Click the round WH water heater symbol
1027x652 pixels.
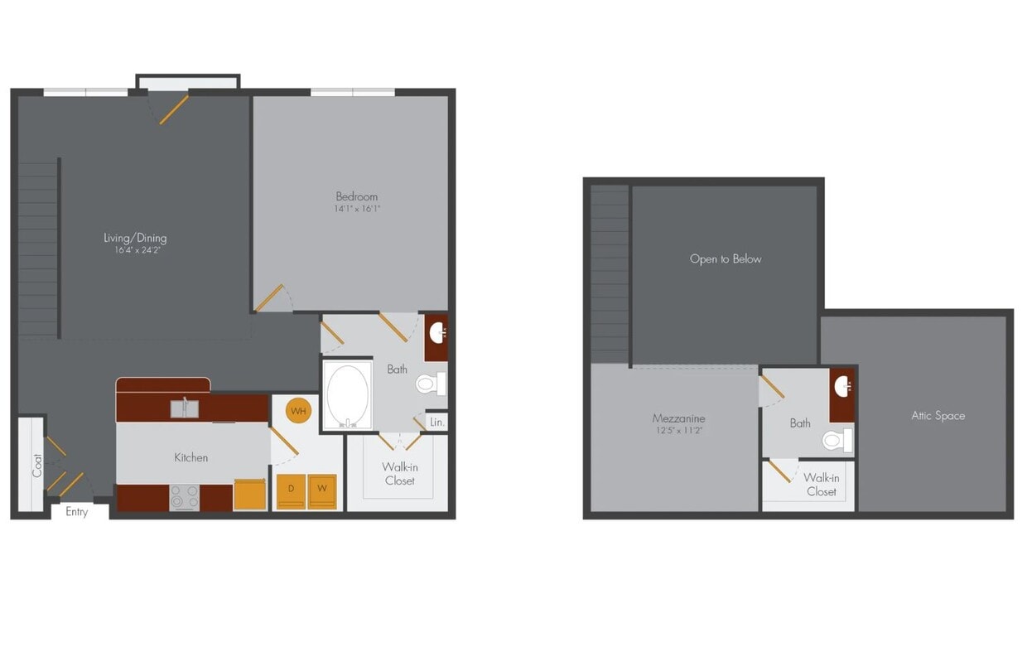coord(298,411)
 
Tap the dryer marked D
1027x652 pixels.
coord(291,491)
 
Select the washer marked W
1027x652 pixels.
coord(322,491)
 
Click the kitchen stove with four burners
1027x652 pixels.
coord(185,497)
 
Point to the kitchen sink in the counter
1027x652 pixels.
coord(185,408)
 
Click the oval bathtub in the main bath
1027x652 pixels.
coord(348,396)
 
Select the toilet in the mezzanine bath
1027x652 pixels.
coord(837,440)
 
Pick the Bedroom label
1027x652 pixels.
coord(357,196)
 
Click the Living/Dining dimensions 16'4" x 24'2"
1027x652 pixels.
coord(135,249)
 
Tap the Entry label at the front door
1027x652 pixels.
coord(76,512)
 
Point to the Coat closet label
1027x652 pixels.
coord(37,466)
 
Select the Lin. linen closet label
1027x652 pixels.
coord(437,423)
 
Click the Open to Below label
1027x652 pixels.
coord(726,258)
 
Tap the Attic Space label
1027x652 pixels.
coord(938,416)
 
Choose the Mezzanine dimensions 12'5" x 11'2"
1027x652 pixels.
coord(678,431)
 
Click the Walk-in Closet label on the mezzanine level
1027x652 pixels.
coord(821,485)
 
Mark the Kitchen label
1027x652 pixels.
coord(190,457)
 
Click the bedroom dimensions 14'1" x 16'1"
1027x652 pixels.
coord(357,209)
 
